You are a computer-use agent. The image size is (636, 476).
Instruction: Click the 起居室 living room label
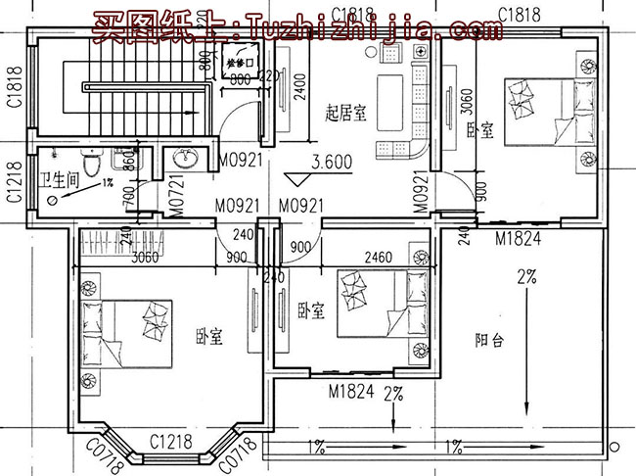click(x=346, y=114)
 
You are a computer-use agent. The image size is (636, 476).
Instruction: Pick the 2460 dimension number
click(x=379, y=258)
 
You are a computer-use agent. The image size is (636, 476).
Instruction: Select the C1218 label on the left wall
click(x=14, y=182)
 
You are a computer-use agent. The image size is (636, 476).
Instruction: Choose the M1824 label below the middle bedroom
click(x=350, y=392)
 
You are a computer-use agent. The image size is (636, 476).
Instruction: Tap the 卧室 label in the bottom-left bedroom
click(x=208, y=337)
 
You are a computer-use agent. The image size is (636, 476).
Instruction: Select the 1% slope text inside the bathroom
click(x=108, y=183)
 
